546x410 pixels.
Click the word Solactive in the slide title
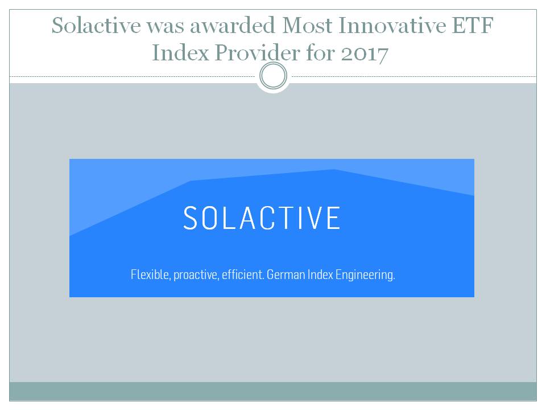(x=96, y=26)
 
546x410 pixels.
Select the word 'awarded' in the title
(x=232, y=26)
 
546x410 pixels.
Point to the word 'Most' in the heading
(x=307, y=26)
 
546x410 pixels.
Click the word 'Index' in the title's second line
(x=180, y=52)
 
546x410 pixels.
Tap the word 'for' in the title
(x=320, y=52)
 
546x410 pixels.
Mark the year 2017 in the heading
(x=365, y=54)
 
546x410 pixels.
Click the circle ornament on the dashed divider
(x=274, y=76)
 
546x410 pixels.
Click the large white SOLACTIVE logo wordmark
(x=262, y=218)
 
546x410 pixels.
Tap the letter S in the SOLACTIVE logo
(x=191, y=218)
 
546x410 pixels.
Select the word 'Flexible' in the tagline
(x=150, y=274)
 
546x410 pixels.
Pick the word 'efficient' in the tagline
(x=243, y=274)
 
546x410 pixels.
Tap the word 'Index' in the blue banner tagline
(x=320, y=274)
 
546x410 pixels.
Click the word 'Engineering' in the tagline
(x=365, y=276)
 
